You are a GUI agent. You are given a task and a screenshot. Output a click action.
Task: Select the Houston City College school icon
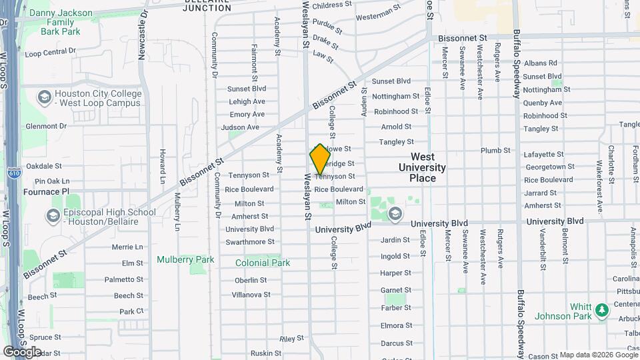pos(45,97)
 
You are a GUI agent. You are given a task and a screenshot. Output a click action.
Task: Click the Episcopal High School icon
pos(53,216)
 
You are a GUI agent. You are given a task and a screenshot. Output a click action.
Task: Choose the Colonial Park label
pos(263,263)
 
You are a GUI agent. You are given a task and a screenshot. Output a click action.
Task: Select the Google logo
pos(22,351)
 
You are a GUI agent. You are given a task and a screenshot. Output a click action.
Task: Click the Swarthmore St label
pos(250,241)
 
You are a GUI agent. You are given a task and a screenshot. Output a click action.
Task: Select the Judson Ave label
pos(240,127)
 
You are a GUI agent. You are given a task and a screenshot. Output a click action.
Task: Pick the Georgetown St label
pos(549,167)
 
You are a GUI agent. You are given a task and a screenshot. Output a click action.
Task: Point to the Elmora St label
pos(396,325)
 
